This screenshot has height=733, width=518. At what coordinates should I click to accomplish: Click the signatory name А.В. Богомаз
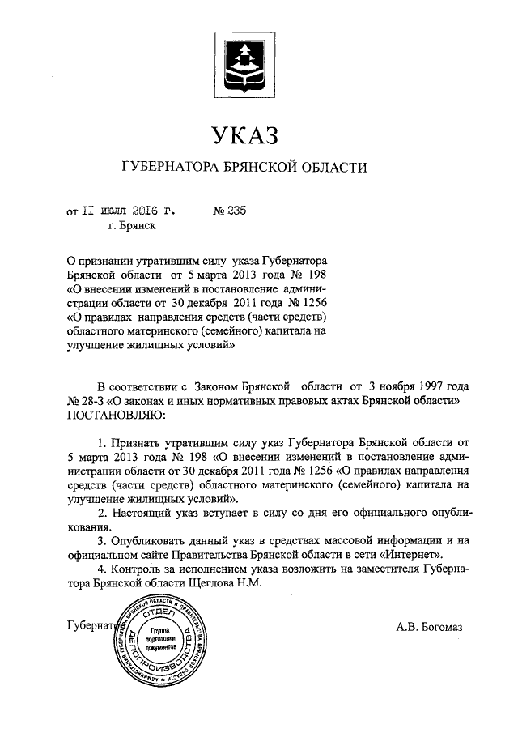coord(429,625)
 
